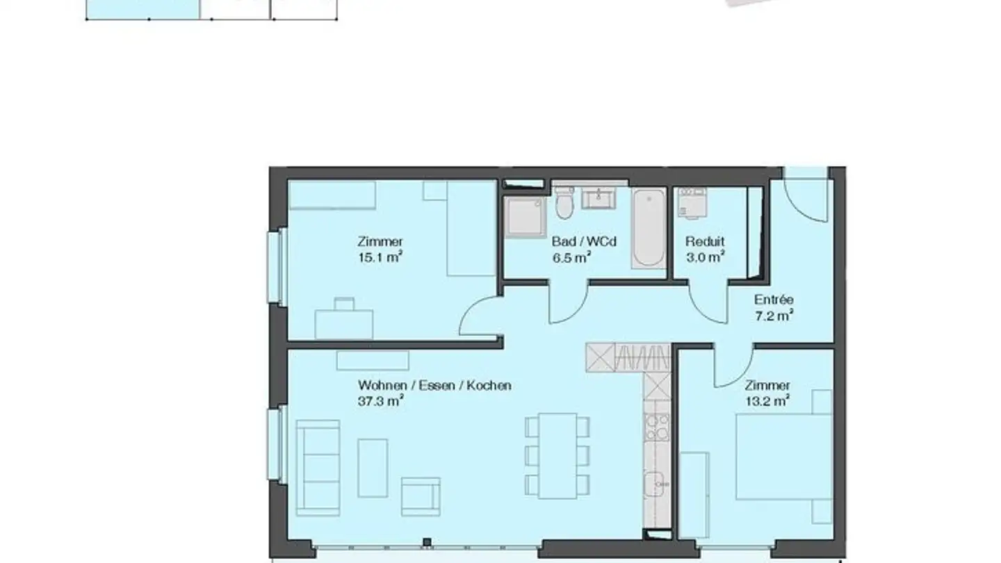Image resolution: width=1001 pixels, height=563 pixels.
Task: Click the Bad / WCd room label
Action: pyautogui.click(x=584, y=242)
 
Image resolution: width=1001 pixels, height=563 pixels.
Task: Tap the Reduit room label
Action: pyautogui.click(x=705, y=242)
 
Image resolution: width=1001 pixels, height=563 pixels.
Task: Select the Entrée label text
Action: pyautogui.click(x=774, y=300)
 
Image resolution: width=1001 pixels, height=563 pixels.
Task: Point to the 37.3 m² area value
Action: pyautogui.click(x=381, y=401)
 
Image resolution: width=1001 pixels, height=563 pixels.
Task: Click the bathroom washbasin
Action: pyautogui.click(x=598, y=199)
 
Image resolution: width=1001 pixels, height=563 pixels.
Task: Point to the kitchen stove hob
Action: pyautogui.click(x=657, y=427)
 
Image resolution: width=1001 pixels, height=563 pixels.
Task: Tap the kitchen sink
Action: pyautogui.click(x=657, y=482)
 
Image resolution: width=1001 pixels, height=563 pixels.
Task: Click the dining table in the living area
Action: pyautogui.click(x=558, y=455)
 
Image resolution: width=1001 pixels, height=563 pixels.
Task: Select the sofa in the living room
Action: pyautogui.click(x=318, y=466)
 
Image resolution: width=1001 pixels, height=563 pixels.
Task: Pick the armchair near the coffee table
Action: pyautogui.click(x=421, y=496)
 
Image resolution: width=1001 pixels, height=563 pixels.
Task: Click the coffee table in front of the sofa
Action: pyautogui.click(x=373, y=468)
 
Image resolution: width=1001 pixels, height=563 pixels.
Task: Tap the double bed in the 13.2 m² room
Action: pyautogui.click(x=784, y=457)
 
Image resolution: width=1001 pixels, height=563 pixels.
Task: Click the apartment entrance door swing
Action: pyautogui.click(x=806, y=198)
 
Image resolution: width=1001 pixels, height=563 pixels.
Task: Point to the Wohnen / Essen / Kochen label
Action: pyautogui.click(x=434, y=385)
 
